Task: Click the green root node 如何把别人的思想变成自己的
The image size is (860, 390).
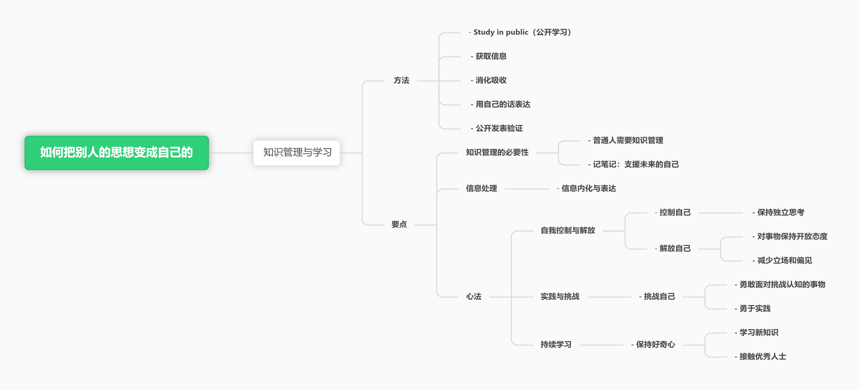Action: click(x=116, y=153)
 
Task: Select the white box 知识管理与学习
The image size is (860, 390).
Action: click(x=296, y=153)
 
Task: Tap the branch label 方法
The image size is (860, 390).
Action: click(x=401, y=80)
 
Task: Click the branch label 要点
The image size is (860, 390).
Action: click(x=399, y=225)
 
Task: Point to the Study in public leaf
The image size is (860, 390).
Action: click(x=521, y=32)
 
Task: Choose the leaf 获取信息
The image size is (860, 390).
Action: click(x=488, y=56)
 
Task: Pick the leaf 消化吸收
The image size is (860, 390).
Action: click(x=488, y=80)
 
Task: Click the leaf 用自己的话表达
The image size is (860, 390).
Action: click(x=501, y=104)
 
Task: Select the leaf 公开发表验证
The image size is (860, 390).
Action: click(x=496, y=128)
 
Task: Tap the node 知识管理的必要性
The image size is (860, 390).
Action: click(x=497, y=152)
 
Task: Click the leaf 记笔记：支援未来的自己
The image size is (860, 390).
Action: click(x=633, y=164)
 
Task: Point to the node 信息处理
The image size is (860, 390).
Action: click(x=481, y=189)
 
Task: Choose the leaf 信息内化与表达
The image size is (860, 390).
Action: click(x=586, y=189)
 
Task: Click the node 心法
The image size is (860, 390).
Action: click(x=474, y=297)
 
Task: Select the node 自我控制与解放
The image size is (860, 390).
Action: click(x=568, y=230)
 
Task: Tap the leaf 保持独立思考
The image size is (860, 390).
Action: click(x=778, y=213)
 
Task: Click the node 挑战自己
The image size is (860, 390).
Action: click(x=657, y=297)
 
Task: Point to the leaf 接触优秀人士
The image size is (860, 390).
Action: click(x=760, y=357)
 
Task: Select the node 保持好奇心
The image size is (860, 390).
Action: click(x=653, y=345)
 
